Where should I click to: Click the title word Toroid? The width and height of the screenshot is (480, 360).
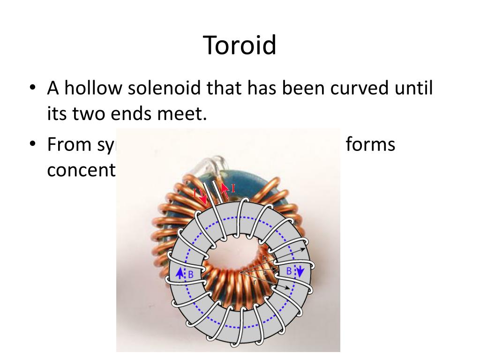click(240, 46)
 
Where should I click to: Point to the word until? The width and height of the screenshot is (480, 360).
click(414, 88)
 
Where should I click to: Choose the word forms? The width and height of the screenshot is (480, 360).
click(370, 145)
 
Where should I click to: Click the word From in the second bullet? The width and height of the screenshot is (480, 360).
click(70, 145)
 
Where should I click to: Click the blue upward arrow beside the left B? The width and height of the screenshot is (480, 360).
click(180, 274)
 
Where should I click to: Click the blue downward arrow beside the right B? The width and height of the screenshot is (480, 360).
click(300, 271)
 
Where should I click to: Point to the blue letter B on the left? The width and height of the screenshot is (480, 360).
click(190, 275)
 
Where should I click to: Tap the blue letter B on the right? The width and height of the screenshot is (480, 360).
click(289, 271)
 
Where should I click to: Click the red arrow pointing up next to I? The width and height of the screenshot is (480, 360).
click(225, 189)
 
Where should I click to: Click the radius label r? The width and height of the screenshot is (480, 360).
click(254, 282)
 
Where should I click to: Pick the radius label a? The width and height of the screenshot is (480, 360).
click(265, 272)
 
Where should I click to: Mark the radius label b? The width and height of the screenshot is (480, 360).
click(264, 259)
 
